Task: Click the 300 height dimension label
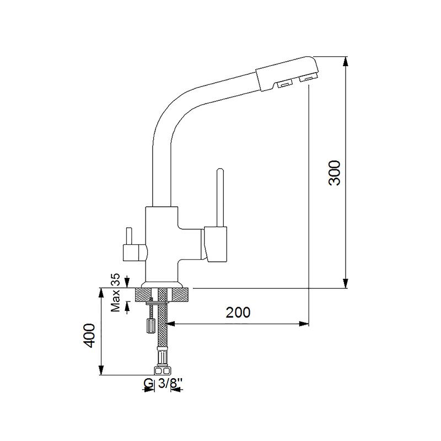pos(335,173)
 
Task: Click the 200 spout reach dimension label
pos(238,312)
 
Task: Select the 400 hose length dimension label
pos(90,335)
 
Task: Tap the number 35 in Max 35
pos(115,279)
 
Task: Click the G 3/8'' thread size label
pos(163,383)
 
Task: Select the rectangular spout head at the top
pos(287,74)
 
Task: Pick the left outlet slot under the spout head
pos(284,83)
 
